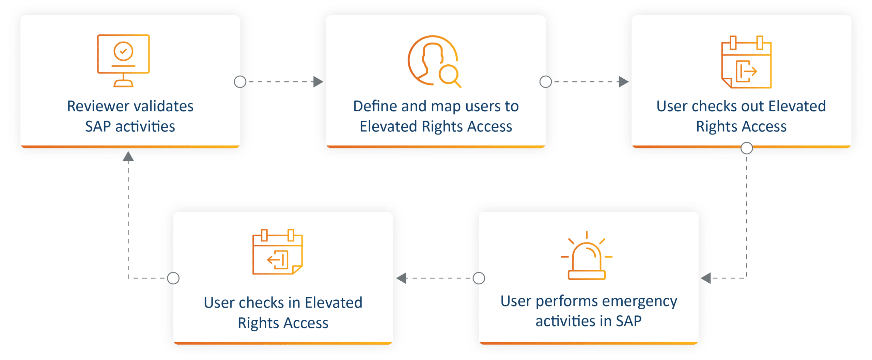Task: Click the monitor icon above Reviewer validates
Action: (123, 61)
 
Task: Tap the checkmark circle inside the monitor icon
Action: (123, 51)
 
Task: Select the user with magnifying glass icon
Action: (434, 61)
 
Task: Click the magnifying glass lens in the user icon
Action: (448, 74)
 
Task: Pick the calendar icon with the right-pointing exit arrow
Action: (746, 62)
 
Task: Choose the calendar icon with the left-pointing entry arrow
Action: (277, 252)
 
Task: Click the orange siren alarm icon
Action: (587, 255)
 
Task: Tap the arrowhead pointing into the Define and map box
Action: (318, 82)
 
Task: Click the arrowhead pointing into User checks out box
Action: (624, 82)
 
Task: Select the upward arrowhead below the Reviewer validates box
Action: (128, 156)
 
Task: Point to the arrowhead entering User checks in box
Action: (402, 278)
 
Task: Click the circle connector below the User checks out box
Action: (747, 148)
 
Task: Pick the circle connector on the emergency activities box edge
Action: (479, 278)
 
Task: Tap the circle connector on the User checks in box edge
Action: (173, 278)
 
